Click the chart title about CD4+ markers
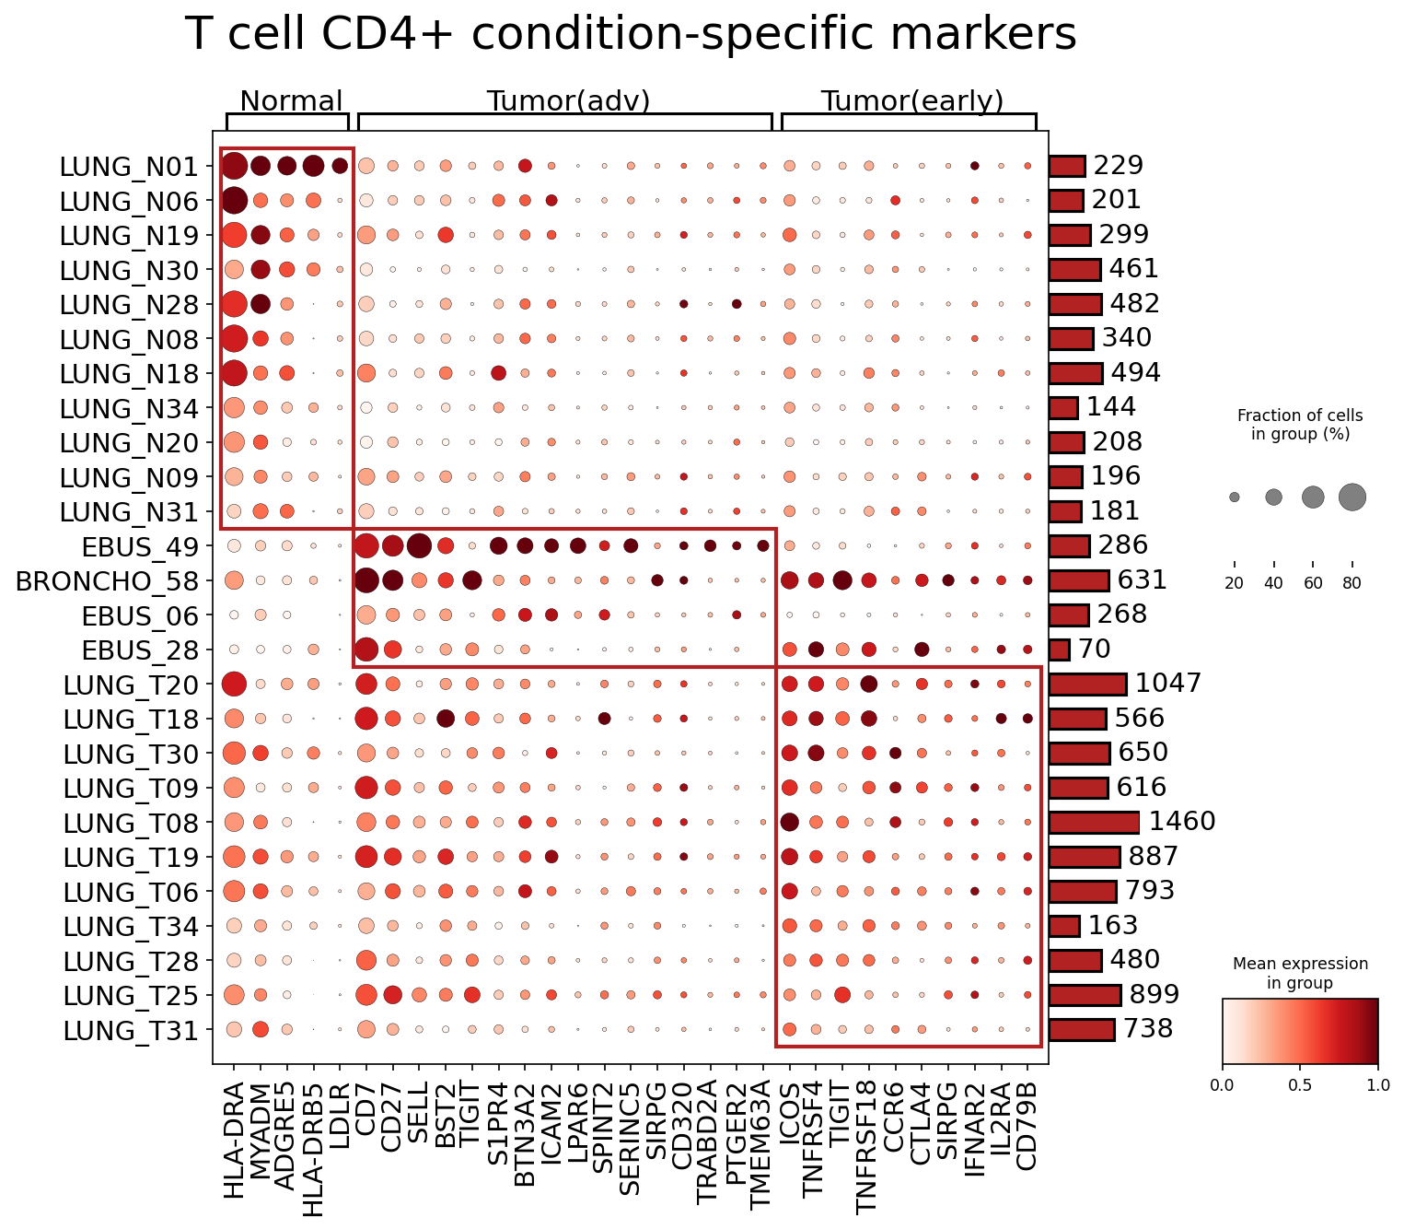(x=630, y=34)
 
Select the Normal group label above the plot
(x=290, y=101)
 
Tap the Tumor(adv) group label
(x=568, y=101)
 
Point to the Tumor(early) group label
(x=912, y=101)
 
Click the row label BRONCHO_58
(x=107, y=580)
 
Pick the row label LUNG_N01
(x=129, y=166)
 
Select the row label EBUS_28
(x=140, y=650)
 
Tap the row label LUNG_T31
(x=131, y=1031)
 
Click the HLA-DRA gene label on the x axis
(x=233, y=1141)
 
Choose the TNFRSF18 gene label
(x=867, y=1148)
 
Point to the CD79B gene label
(x=1026, y=1127)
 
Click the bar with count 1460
(x=1094, y=822)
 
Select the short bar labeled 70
(x=1059, y=650)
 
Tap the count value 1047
(x=1168, y=684)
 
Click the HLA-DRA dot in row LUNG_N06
(x=233, y=201)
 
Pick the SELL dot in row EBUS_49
(x=419, y=545)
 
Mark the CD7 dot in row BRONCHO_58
(x=366, y=580)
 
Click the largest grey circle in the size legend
(x=1352, y=497)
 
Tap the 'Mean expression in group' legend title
(x=1300, y=973)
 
